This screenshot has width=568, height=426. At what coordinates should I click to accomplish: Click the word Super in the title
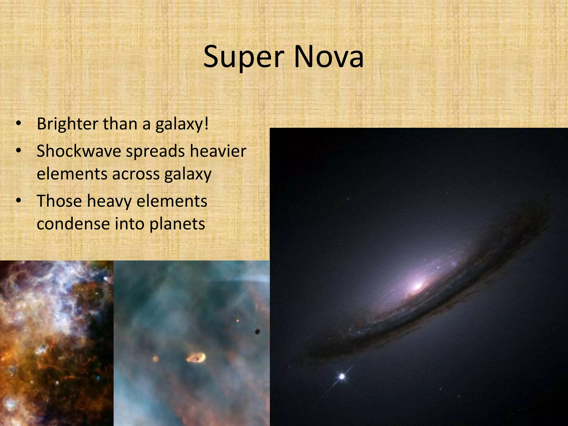pos(244,57)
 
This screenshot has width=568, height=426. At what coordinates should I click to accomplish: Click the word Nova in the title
pos(328,57)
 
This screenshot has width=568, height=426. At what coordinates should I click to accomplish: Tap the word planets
pos(177,224)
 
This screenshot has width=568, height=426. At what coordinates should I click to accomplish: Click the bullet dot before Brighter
pos(19,124)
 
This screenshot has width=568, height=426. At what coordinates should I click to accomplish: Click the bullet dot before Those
pos(19,201)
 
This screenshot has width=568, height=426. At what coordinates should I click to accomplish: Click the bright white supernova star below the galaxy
pos(342,377)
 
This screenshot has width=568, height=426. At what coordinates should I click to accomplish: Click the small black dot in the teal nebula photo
pos(257,331)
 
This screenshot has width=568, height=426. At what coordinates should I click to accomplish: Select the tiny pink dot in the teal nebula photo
pos(238,321)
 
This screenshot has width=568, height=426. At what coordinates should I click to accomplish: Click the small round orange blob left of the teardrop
pos(156,359)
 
